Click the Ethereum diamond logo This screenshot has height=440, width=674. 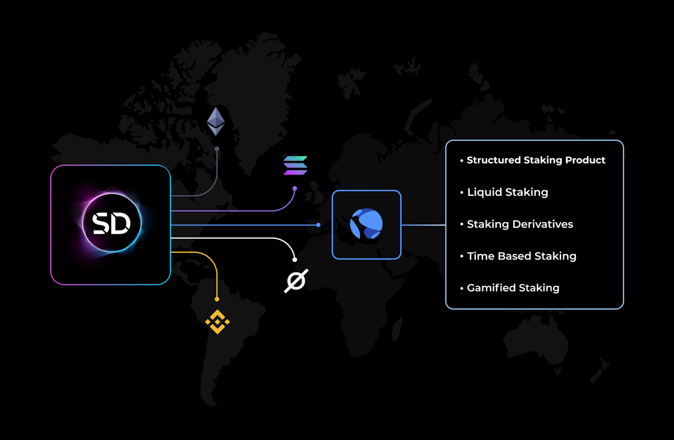[x=216, y=121]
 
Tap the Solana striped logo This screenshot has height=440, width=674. [x=295, y=165]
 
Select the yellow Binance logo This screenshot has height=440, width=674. [x=217, y=322]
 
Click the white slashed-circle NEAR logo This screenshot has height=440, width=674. [x=296, y=281]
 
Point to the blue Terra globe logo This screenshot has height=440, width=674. [x=366, y=224]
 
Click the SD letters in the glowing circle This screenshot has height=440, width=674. [x=111, y=223]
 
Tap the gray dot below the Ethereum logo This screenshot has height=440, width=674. [x=217, y=149]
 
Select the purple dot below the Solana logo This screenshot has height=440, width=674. [x=295, y=188]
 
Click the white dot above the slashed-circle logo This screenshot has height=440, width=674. [x=295, y=260]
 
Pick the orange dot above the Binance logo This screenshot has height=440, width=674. [x=217, y=300]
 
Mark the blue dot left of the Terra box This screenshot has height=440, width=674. [x=318, y=225]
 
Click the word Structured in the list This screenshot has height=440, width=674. [x=494, y=160]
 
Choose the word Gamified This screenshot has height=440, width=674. [x=491, y=288]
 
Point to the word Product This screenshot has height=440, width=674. [x=585, y=160]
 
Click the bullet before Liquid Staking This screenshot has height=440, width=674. [x=462, y=193]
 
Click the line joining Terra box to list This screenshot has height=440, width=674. [x=423, y=225]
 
